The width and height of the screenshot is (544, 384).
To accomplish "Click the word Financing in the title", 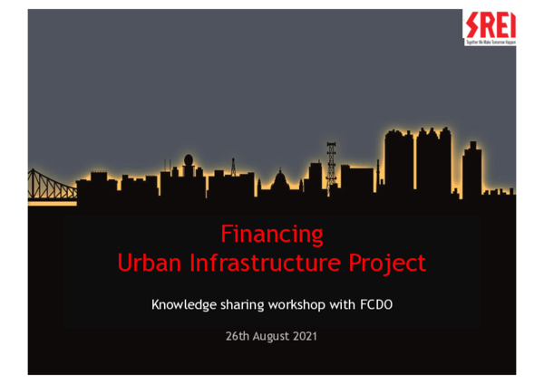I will tap(272, 235).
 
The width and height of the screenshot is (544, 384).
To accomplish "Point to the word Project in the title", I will tap(385, 264).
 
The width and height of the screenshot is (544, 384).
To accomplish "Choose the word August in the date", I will tap(271, 337).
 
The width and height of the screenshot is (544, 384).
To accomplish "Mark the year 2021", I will tap(306, 336).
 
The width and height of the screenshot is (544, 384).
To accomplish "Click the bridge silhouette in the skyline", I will tap(50, 180).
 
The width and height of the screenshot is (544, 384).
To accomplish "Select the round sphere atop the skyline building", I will tap(189, 161).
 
